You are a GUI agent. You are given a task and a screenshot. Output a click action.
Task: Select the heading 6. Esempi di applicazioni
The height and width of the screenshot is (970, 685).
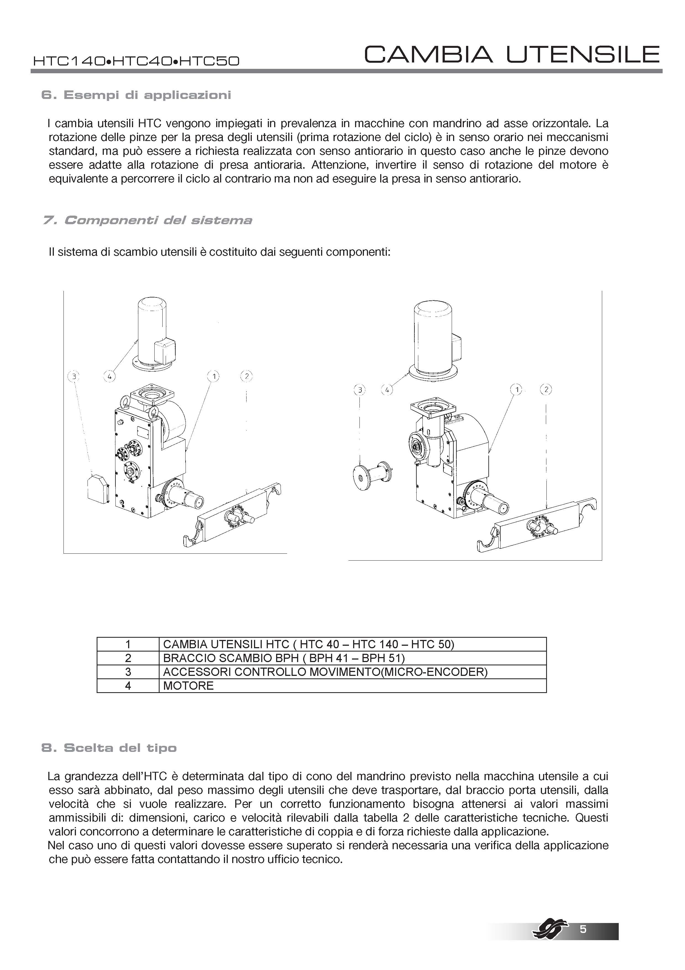[136, 95]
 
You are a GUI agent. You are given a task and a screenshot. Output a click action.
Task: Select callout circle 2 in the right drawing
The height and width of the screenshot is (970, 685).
[546, 389]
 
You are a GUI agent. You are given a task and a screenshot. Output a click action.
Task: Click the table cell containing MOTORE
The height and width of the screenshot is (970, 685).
[352, 686]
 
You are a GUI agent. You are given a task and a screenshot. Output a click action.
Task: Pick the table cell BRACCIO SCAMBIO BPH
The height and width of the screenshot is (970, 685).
[352, 658]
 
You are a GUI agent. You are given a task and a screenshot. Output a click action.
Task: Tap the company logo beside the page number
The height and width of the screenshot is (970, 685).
[548, 927]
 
